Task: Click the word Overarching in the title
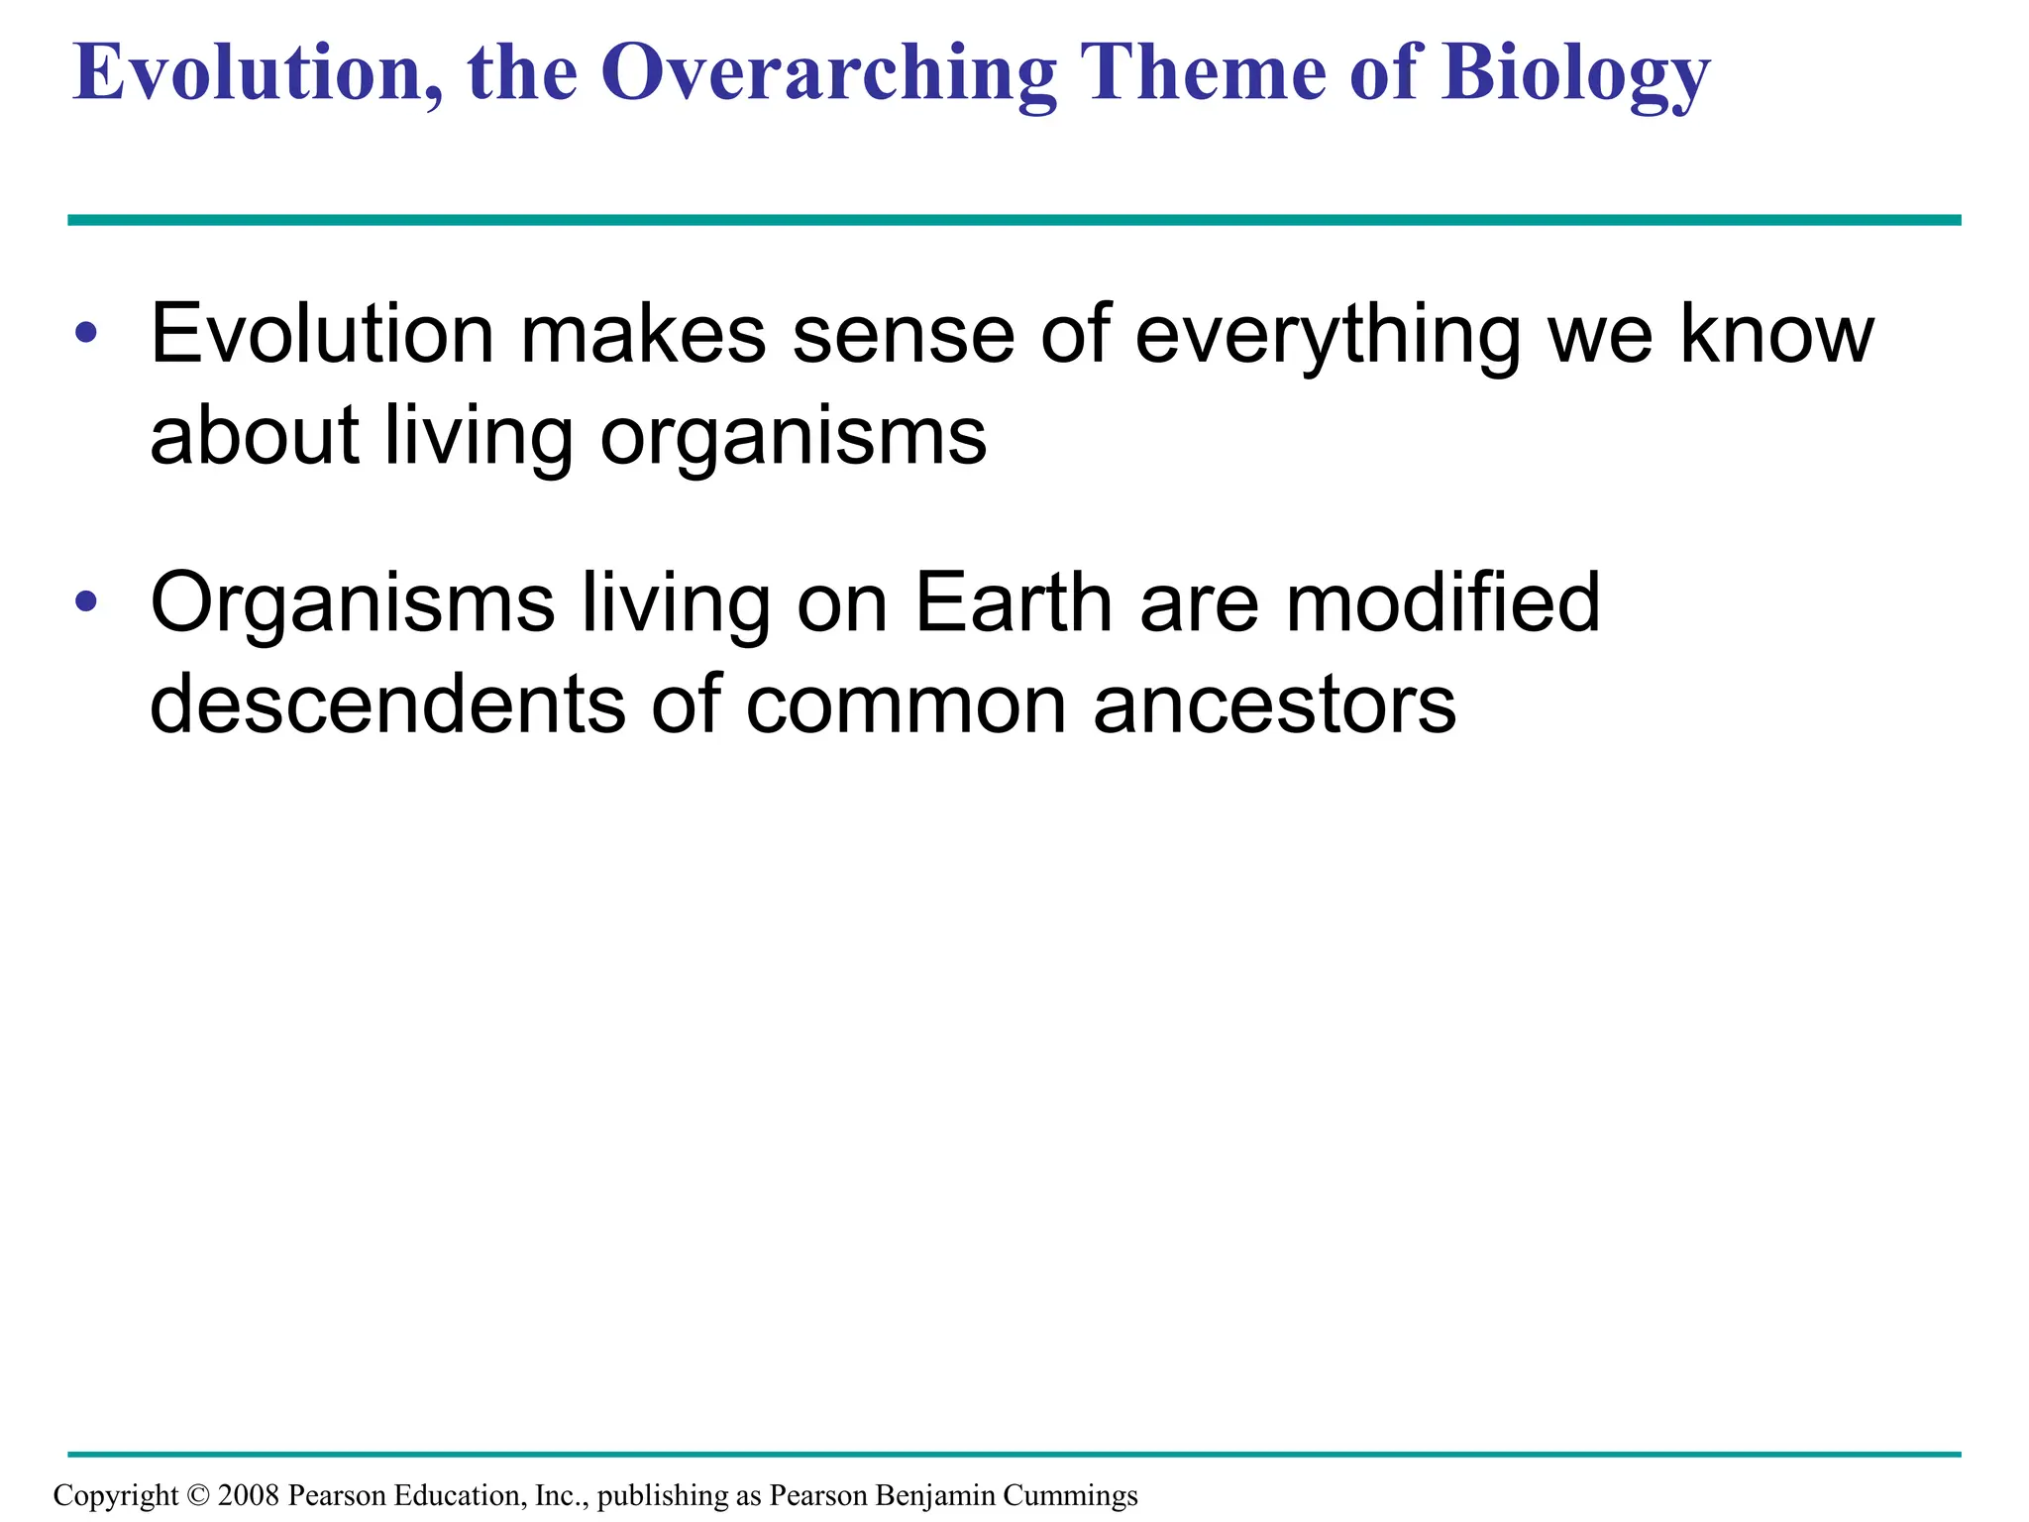point(828,73)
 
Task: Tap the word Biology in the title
point(1574,73)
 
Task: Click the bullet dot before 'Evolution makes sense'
point(86,333)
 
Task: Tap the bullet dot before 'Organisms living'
point(86,600)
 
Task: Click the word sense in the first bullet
point(903,335)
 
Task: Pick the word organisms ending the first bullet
point(794,438)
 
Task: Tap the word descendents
point(387,704)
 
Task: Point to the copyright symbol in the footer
point(198,1495)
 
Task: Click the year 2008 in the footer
point(249,1495)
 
